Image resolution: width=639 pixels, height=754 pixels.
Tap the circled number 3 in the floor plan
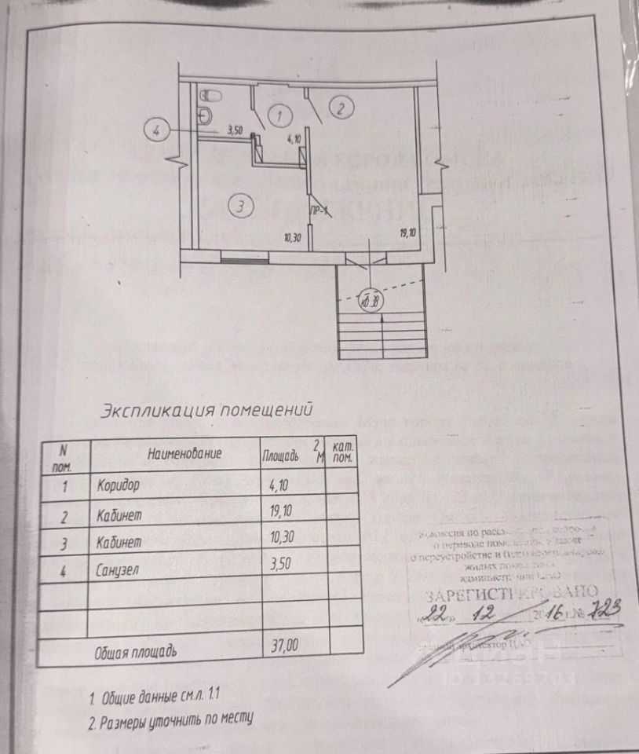242,207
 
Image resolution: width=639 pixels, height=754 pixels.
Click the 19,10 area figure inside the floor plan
409,233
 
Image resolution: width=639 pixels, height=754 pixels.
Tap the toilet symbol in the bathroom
208,115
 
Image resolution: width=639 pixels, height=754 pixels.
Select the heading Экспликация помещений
207,410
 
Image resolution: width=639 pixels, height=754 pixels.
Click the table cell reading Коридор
119,485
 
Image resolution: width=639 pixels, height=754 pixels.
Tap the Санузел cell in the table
117,572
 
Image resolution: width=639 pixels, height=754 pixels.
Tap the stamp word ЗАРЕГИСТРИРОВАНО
511,592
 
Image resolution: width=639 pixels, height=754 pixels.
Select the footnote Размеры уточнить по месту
175,719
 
